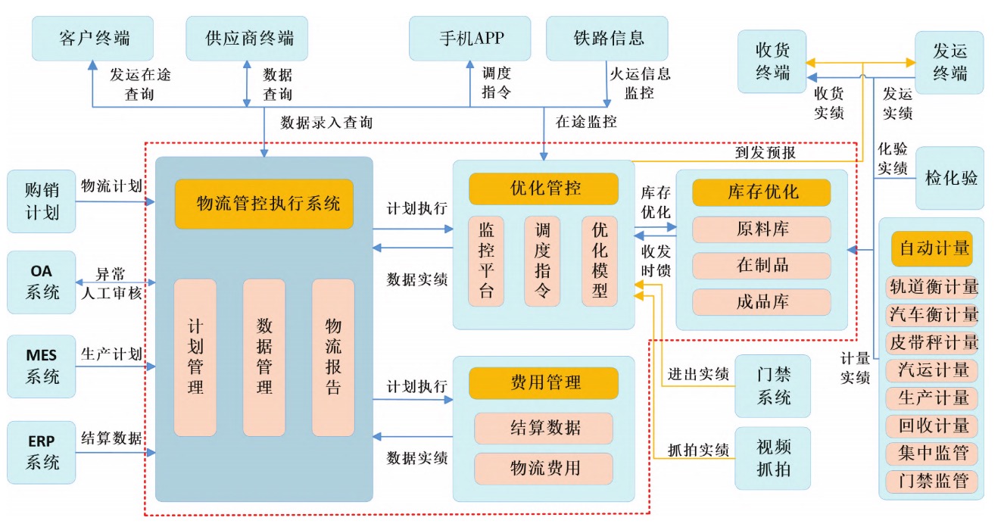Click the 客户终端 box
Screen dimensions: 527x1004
click(94, 38)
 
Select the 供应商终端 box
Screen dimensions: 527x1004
click(248, 38)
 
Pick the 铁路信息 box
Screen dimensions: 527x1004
click(607, 38)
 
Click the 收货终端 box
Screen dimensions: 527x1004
click(772, 61)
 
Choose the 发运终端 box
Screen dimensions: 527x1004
click(949, 62)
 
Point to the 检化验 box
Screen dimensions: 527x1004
click(950, 178)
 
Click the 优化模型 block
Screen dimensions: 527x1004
click(600, 261)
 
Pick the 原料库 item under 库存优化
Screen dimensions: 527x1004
click(762, 229)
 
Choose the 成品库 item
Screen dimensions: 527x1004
click(762, 302)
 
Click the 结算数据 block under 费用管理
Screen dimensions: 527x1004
click(544, 428)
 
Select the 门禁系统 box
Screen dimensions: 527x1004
click(772, 385)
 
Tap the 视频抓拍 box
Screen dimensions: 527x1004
click(772, 458)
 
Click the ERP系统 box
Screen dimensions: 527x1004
click(42, 452)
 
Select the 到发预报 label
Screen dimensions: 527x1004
click(764, 152)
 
